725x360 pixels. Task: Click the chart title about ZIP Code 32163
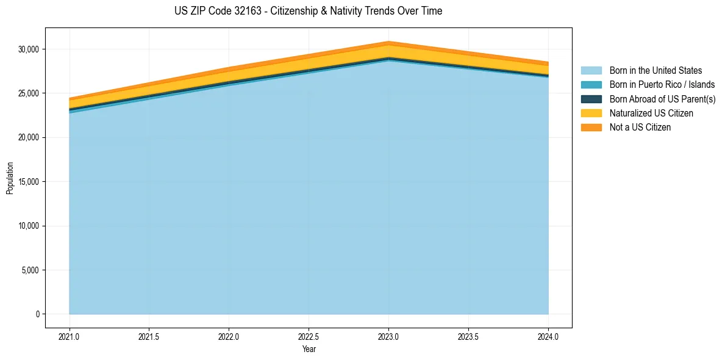click(309, 11)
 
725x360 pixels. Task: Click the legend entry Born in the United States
click(655, 71)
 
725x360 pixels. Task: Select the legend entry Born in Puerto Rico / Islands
click(662, 85)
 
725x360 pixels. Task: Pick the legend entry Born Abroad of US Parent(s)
click(662, 99)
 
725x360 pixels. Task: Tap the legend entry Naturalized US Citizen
click(651, 113)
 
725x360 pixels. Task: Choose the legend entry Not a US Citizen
click(640, 127)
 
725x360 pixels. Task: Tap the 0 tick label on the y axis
click(38, 314)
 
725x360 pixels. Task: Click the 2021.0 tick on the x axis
click(70, 336)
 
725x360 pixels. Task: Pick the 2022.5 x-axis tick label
click(309, 336)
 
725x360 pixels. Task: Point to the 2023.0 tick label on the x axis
click(388, 336)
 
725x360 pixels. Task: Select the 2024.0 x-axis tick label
click(548, 336)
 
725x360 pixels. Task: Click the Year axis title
click(309, 349)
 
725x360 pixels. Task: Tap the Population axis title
click(10, 178)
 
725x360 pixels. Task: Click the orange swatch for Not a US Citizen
click(591, 127)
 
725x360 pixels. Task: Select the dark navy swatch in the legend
click(591, 99)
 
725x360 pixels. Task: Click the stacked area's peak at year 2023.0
click(388, 42)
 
